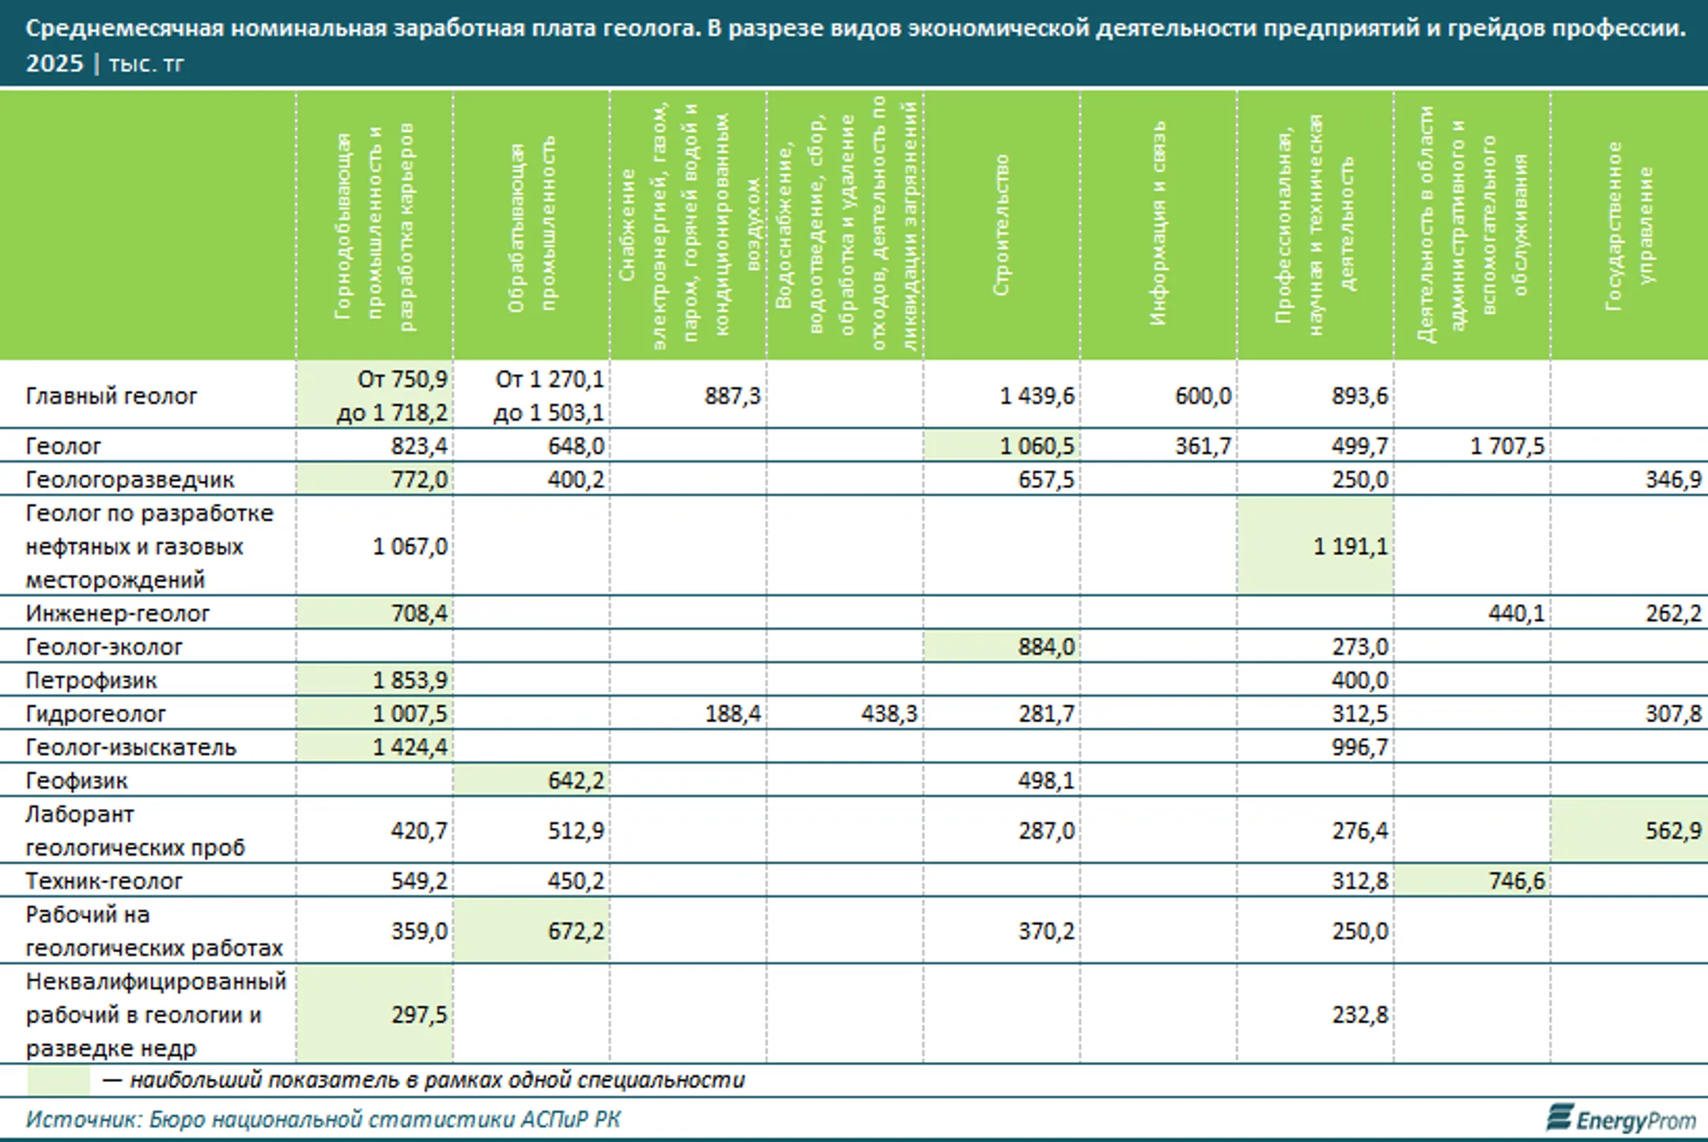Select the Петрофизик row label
tap(91, 680)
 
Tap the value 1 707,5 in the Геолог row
tap(1507, 446)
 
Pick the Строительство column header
tap(1001, 225)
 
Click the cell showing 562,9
tap(1673, 830)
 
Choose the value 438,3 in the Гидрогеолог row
tap(890, 714)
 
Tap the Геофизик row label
tap(76, 781)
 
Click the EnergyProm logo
tap(1621, 1119)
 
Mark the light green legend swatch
tap(59, 1080)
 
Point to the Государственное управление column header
tap(1629, 225)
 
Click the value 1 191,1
tap(1351, 546)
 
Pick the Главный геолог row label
tap(111, 395)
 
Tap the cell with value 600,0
tap(1203, 395)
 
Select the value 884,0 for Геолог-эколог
tap(1046, 647)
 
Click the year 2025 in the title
tap(54, 63)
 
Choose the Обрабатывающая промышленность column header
tap(531, 225)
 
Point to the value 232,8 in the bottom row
tap(1360, 1015)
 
